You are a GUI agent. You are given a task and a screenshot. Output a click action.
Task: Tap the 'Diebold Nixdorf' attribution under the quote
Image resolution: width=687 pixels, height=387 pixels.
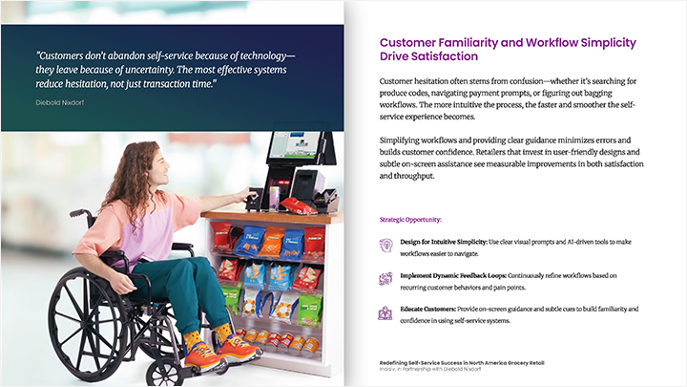59,102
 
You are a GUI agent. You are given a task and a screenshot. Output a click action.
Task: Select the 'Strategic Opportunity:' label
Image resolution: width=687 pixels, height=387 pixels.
410,220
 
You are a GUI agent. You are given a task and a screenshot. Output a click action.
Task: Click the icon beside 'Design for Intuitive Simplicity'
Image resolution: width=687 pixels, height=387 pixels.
385,245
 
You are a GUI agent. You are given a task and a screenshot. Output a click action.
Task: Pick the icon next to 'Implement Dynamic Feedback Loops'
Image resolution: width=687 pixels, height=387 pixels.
385,279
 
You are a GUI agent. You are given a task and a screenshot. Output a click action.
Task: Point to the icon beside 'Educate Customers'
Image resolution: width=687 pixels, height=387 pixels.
385,312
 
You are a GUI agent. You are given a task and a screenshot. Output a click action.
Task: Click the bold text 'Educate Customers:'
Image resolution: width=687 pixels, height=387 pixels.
428,309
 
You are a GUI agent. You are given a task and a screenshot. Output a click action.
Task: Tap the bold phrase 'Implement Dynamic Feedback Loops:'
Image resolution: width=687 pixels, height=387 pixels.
453,275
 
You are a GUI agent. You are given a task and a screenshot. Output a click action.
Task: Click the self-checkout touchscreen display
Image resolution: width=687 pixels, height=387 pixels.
294,144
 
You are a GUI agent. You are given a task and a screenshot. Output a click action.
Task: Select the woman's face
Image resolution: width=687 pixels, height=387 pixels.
161,167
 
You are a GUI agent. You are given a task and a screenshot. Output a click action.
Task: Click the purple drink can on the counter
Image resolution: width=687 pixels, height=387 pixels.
274,199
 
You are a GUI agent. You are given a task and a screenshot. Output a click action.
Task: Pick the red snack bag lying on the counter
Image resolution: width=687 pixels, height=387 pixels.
298,205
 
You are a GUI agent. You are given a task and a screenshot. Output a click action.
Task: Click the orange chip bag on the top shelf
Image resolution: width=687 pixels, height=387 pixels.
272,241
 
